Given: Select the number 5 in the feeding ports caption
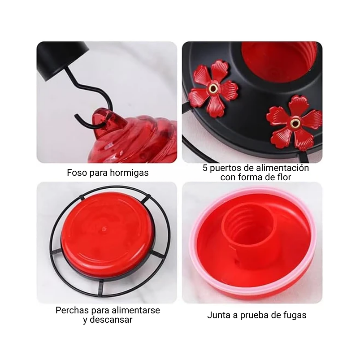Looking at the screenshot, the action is point(205,168).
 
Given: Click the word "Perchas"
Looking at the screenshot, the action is point(72,310).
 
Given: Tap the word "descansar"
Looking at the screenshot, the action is point(111,320).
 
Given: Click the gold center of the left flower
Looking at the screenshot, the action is point(213,88).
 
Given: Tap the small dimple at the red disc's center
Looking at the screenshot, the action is point(104,229).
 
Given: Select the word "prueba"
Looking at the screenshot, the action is point(254,316).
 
